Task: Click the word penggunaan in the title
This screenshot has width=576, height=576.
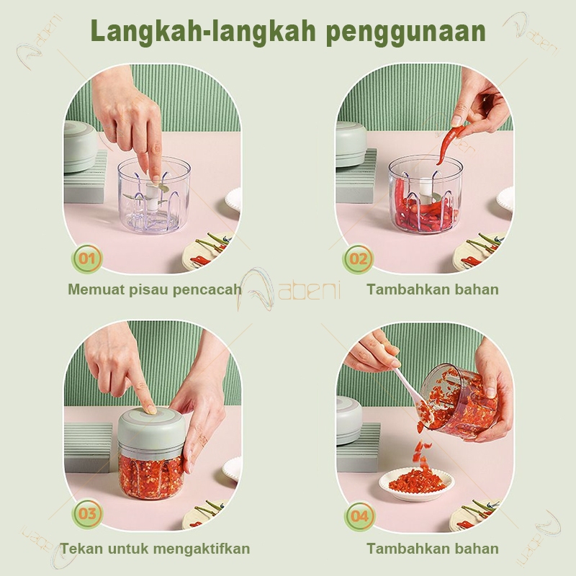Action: click(405, 32)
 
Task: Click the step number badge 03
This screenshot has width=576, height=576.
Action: click(87, 514)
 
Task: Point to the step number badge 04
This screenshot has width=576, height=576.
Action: click(359, 516)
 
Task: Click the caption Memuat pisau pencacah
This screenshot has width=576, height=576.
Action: click(154, 289)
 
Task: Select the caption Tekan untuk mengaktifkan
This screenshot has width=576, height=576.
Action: click(156, 549)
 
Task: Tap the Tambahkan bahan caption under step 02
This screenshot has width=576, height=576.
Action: click(432, 289)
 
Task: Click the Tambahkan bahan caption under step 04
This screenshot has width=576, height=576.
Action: click(432, 549)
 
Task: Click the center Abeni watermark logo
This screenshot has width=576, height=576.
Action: click(292, 288)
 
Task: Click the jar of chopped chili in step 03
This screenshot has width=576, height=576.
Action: click(150, 472)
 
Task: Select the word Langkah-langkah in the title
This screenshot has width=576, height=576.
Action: click(204, 32)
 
